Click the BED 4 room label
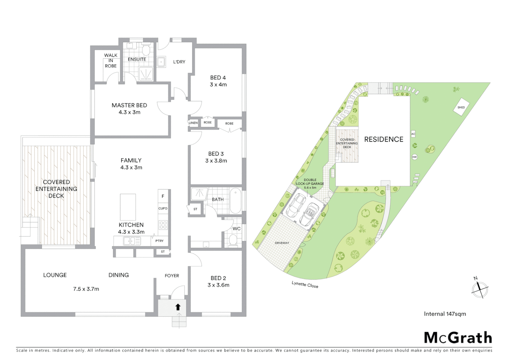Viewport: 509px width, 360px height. click(218, 78)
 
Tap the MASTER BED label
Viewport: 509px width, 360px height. click(129, 105)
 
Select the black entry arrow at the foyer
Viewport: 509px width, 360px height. click(178, 307)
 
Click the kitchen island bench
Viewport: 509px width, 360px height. click(128, 207)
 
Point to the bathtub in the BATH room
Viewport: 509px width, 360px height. click(236, 200)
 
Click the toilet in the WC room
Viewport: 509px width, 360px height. click(233, 240)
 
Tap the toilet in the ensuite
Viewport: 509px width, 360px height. click(146, 50)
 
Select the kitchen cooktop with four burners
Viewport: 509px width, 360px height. click(163, 225)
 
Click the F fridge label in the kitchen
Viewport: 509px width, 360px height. click(163, 196)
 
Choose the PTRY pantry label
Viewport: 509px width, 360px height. click(159, 241)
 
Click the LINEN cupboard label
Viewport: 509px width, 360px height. click(193, 123)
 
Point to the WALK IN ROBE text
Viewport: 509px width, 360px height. click(111, 61)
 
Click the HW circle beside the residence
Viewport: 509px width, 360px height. click(414, 157)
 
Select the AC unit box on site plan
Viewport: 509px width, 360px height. click(413, 134)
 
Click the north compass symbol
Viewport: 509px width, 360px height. click(479, 289)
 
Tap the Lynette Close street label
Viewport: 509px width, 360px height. click(305, 284)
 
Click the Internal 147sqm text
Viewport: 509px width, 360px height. click(445, 314)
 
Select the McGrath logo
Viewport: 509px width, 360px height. click(458, 338)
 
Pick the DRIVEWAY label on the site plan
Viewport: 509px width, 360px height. click(282, 243)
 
